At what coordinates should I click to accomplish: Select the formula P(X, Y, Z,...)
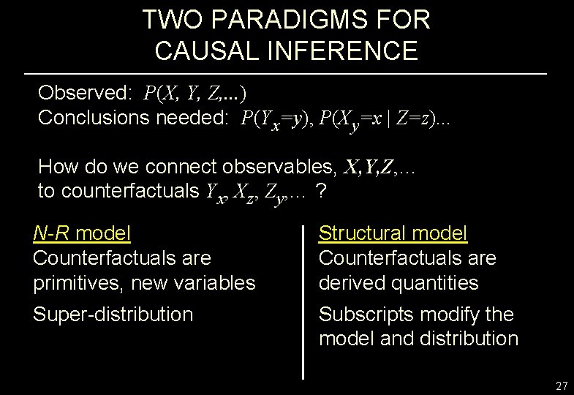pyautogui.click(x=195, y=94)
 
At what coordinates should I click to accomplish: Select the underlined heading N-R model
pyautogui.click(x=82, y=233)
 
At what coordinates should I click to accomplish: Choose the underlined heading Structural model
pyautogui.click(x=393, y=233)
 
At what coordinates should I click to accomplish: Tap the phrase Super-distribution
pyautogui.click(x=113, y=315)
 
